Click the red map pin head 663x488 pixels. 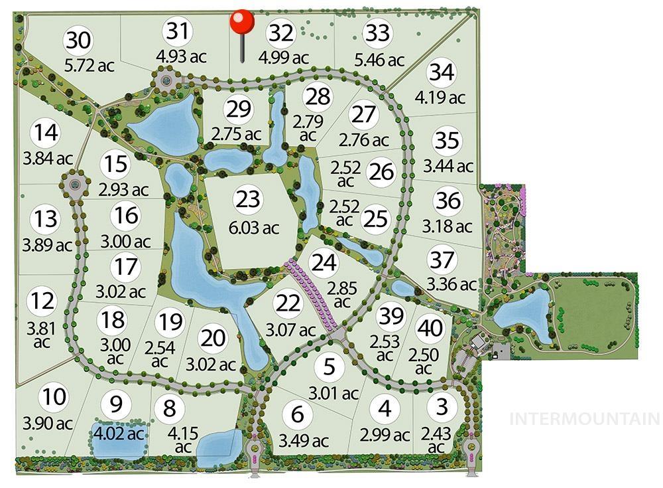(242, 21)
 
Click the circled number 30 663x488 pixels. (79, 40)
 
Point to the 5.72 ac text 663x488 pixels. (90, 66)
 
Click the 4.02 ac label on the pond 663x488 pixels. (117, 435)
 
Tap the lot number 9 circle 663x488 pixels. (117, 404)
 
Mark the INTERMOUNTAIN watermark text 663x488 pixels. (584, 419)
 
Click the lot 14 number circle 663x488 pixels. (47, 132)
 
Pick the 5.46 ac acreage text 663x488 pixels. (379, 60)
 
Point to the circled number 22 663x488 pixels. (288, 303)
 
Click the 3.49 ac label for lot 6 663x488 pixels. (303, 440)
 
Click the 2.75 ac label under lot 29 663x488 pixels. (237, 133)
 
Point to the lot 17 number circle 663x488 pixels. (125, 267)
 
